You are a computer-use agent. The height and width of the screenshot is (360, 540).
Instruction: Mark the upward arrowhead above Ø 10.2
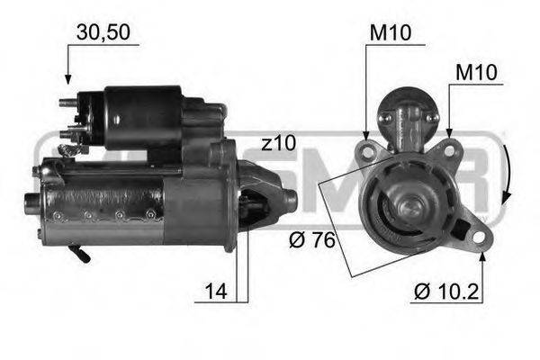click(x=483, y=256)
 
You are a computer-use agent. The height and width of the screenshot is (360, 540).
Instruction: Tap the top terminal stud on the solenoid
click(x=67, y=102)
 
